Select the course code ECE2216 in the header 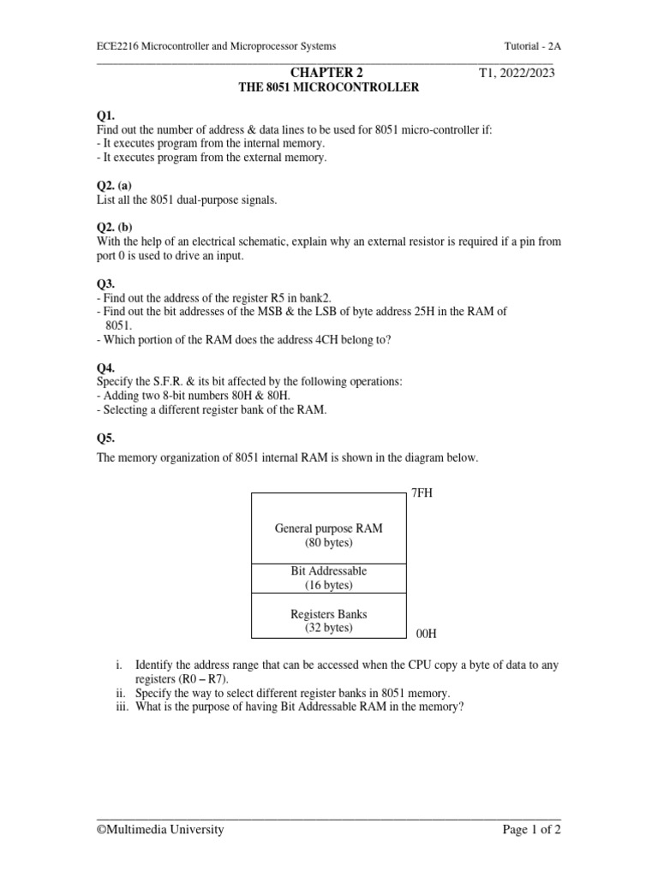click(117, 46)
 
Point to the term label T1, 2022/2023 click(517, 73)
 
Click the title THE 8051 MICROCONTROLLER click(328, 87)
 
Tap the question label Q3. click(105, 283)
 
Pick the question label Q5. click(105, 438)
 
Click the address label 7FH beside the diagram click(424, 494)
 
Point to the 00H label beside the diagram click(426, 634)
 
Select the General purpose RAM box click(328, 528)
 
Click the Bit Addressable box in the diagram click(328, 577)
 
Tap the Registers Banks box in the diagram click(328, 620)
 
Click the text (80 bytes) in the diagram click(328, 543)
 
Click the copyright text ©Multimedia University click(160, 829)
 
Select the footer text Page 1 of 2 click(531, 829)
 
